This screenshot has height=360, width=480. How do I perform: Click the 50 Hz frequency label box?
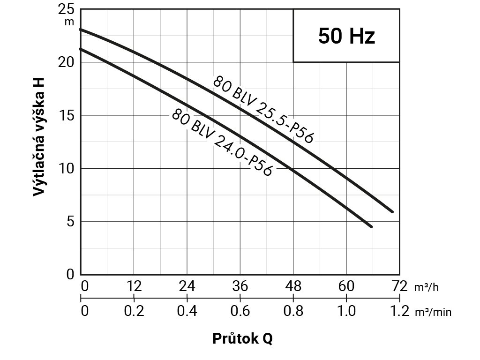point(346,36)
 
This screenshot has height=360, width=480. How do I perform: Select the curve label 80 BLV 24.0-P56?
point(222,142)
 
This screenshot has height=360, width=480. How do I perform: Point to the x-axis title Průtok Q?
point(242,338)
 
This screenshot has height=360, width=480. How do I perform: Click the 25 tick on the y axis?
point(67,10)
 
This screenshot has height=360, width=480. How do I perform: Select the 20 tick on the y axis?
point(67,62)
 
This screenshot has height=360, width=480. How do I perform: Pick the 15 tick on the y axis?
point(67,116)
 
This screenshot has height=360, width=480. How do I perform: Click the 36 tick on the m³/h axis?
point(240,286)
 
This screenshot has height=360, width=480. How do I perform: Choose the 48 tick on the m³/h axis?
point(293,286)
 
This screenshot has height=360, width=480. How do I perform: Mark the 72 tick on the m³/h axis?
point(399,286)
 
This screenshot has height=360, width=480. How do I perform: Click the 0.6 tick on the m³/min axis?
point(240,311)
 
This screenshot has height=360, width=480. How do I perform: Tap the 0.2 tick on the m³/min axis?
point(134,311)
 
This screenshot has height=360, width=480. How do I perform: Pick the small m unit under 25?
point(70,22)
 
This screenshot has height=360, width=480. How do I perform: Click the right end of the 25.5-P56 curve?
point(392,211)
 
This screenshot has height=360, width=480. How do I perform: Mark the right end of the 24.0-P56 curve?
point(371,226)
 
